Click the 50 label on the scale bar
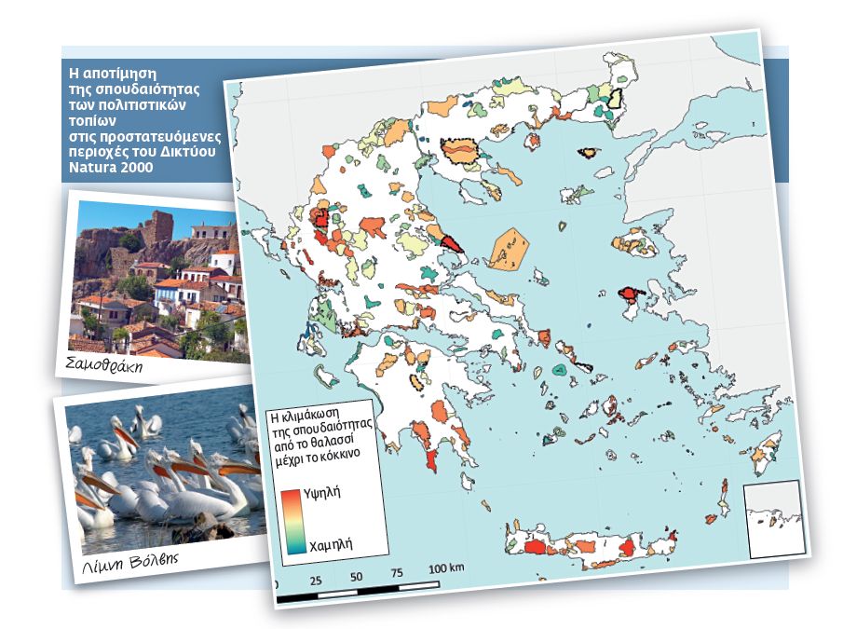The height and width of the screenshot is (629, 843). pyautogui.click(x=356, y=575)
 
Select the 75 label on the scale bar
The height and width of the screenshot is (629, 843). pyautogui.click(x=398, y=571)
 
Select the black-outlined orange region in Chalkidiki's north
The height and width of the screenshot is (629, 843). pyautogui.click(x=459, y=150)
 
